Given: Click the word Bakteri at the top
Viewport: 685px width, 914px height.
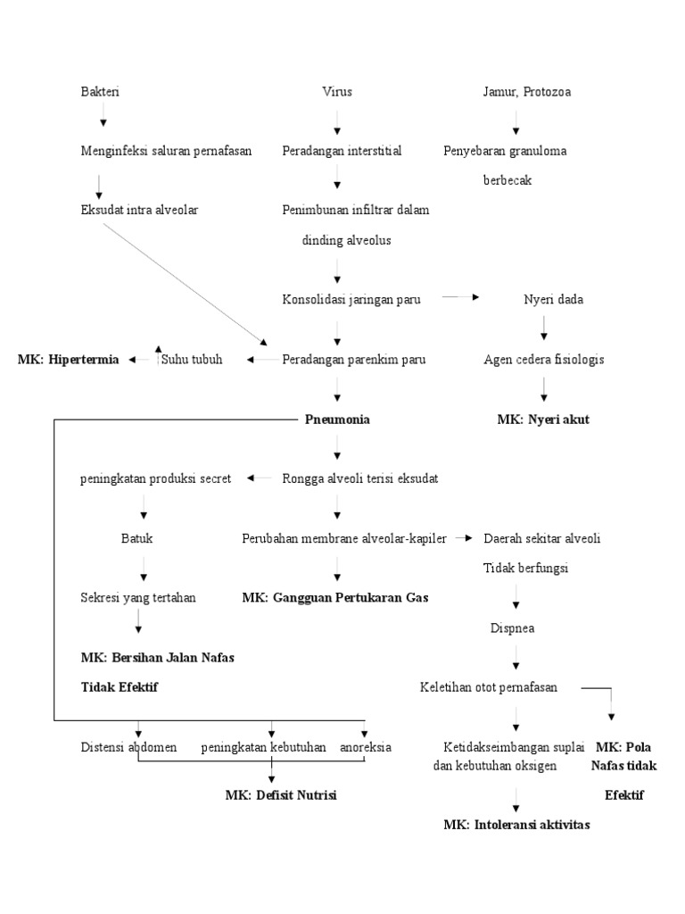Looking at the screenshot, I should (x=100, y=91).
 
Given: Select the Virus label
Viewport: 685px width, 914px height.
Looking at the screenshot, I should (x=337, y=91).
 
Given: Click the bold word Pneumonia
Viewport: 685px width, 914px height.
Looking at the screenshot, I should (x=337, y=420).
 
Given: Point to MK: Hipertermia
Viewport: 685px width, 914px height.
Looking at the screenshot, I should (x=68, y=360).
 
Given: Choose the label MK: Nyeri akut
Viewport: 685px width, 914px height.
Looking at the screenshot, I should (x=543, y=420).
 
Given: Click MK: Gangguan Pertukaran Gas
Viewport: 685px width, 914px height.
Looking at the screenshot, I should (x=334, y=597).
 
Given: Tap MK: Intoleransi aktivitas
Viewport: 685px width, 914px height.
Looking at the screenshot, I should (x=516, y=824).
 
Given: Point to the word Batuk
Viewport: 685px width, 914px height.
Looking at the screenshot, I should (x=143, y=538).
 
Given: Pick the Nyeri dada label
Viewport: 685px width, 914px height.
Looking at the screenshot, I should (x=553, y=299).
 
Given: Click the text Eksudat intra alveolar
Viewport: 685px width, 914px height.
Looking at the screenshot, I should (x=138, y=210).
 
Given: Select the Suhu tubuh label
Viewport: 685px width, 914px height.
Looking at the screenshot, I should (x=192, y=360).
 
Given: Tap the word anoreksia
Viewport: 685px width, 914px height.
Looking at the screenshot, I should (x=365, y=746).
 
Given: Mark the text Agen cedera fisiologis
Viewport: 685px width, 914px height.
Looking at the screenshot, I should (x=543, y=360).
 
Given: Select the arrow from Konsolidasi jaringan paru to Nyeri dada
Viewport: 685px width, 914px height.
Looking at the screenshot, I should (x=461, y=298).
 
